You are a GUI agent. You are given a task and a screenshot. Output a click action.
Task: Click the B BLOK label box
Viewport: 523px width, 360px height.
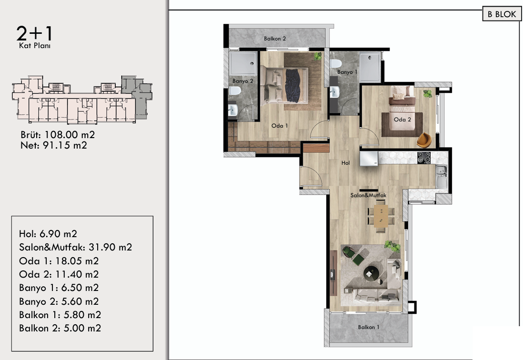(502, 14)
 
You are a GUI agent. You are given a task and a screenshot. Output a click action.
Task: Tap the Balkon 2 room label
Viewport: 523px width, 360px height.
(275, 39)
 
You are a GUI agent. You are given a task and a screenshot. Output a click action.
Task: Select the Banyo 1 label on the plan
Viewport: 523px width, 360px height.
(347, 72)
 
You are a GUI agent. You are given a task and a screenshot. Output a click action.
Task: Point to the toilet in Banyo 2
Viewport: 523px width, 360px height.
(235, 90)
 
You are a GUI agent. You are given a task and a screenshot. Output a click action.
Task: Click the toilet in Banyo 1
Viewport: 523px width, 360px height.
(336, 64)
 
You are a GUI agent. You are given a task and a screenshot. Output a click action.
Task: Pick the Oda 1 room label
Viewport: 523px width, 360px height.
(280, 126)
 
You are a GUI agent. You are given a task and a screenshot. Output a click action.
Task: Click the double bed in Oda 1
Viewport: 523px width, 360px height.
(284, 85)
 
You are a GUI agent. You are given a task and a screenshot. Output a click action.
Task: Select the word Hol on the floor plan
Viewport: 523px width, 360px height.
(345, 163)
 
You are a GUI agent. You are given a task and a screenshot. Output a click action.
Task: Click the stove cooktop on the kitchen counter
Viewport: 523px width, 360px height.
(424, 158)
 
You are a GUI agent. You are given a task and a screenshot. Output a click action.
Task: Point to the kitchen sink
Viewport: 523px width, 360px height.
(441, 176)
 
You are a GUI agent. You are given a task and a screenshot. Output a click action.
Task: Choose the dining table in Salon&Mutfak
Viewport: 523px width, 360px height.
(381, 216)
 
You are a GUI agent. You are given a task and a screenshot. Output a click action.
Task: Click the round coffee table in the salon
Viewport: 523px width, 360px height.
(371, 274)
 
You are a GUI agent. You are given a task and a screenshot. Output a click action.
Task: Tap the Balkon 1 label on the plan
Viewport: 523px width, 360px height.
(369, 327)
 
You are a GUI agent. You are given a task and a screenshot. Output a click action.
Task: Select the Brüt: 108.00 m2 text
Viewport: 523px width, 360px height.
(58, 135)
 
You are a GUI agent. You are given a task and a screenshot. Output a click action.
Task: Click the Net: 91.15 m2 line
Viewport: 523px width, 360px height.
(54, 145)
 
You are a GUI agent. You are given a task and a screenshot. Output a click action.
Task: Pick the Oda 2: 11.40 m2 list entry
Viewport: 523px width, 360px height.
(59, 274)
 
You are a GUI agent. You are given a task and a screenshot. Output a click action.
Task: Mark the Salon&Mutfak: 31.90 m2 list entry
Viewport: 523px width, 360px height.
(75, 247)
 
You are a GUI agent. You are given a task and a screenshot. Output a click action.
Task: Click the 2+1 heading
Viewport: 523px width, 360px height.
(34, 33)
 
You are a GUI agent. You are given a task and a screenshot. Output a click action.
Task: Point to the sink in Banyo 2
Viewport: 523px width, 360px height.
(233, 110)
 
